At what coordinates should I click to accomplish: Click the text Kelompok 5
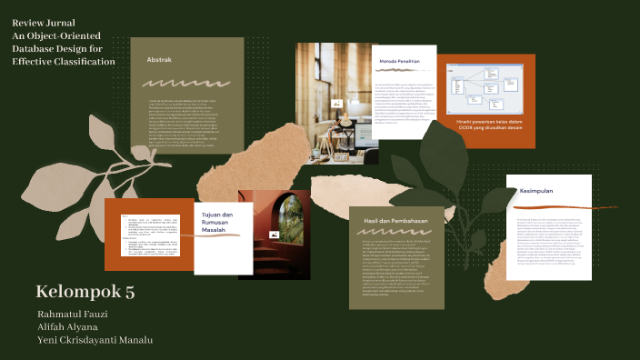pos(85,292)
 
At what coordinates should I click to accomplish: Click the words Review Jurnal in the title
pos(44,22)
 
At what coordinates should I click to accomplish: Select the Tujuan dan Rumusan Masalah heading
pos(218,222)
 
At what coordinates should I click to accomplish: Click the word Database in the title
pos(36,48)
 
